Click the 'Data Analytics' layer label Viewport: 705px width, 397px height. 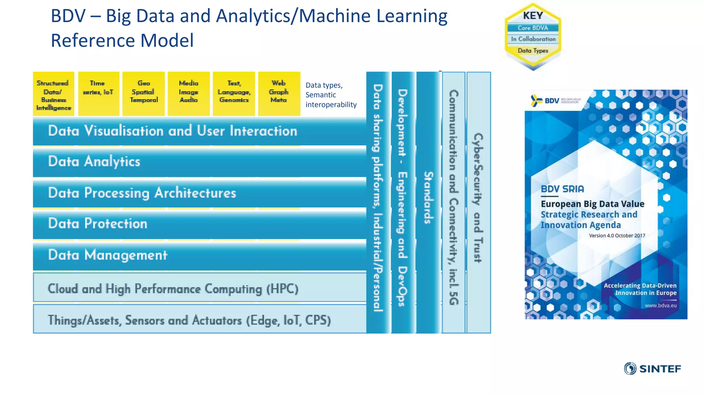click(94, 162)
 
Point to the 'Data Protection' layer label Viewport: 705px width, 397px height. click(98, 224)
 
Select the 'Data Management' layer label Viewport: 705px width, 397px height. click(108, 255)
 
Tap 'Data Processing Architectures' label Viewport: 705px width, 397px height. click(142, 193)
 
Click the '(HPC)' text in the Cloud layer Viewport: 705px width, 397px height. click(282, 289)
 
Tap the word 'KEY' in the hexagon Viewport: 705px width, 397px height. click(533, 16)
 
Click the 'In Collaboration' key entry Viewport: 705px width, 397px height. click(533, 39)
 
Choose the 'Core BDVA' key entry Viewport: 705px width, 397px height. click(533, 28)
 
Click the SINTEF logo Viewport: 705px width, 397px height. click(653, 369)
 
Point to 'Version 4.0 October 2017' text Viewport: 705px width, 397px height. click(617, 236)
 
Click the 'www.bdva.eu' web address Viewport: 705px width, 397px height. click(660, 305)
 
